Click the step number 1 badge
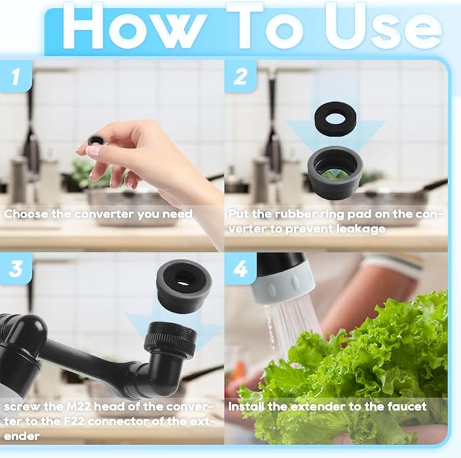(16, 76)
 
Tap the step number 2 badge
(240, 76)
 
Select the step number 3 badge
(16, 270)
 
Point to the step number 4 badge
(240, 270)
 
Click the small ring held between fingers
(96, 139)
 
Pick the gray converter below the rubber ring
(336, 170)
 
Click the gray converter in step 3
(183, 284)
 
